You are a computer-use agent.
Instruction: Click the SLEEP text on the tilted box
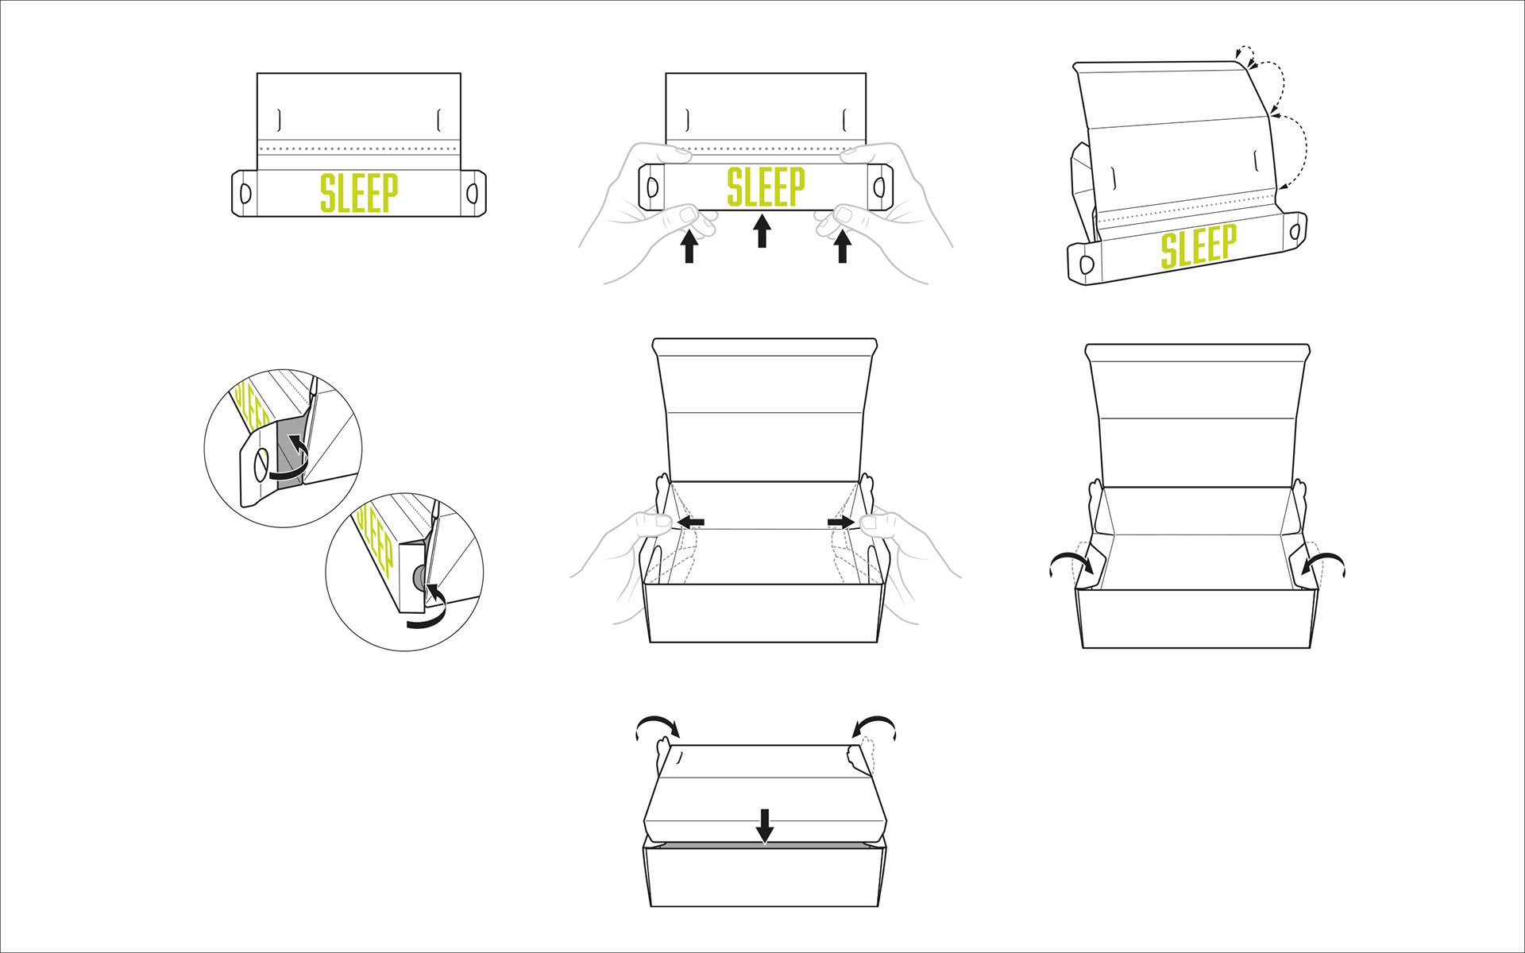1199,245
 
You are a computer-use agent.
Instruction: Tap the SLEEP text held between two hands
766,187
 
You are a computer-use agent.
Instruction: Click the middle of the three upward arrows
762,231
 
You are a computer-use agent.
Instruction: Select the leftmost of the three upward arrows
689,246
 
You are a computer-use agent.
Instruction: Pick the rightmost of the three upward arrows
843,246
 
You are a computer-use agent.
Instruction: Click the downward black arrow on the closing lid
764,825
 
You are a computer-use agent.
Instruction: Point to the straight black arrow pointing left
690,523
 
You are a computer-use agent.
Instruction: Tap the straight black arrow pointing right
840,523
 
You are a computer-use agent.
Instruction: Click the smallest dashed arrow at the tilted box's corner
1245,53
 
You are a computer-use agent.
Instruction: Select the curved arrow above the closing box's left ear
658,725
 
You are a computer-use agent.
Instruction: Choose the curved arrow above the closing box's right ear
874,725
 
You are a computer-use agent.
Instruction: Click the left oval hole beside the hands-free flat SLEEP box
245,192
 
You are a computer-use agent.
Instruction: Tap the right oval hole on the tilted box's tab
1295,232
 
